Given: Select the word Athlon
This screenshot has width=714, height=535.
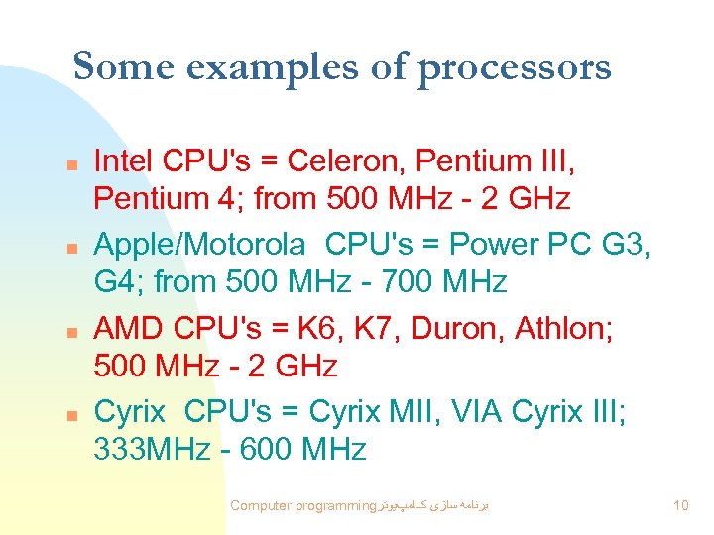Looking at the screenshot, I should [x=564, y=328].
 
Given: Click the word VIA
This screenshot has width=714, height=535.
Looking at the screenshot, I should [x=478, y=411].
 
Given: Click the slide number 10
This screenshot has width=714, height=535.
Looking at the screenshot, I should [x=680, y=506].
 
